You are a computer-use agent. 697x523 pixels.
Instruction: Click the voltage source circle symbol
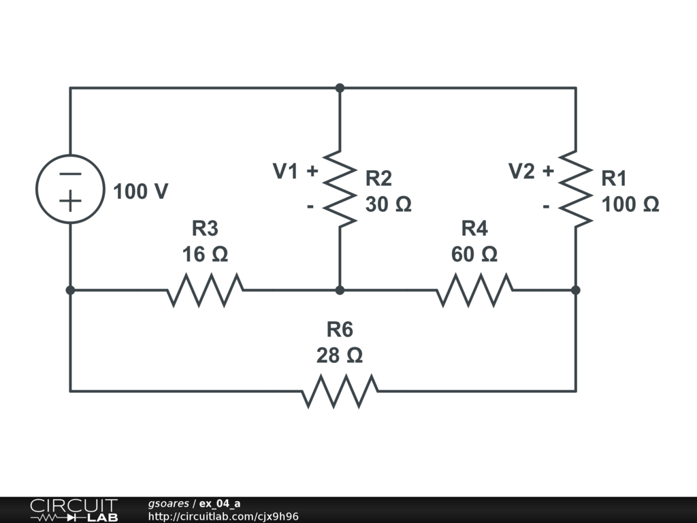(70, 189)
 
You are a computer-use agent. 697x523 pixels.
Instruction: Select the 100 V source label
(140, 192)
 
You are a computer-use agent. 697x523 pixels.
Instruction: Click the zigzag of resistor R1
(576, 189)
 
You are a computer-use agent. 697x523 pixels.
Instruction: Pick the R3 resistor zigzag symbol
(205, 290)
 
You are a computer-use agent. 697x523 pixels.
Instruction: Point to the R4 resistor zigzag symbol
(474, 290)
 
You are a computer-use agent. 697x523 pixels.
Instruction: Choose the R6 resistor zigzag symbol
(340, 391)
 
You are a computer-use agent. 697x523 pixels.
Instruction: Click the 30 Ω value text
(388, 204)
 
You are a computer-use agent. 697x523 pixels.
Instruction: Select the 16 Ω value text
(205, 255)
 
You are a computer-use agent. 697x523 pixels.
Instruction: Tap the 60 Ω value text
(474, 255)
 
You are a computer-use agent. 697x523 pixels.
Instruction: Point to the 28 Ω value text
(339, 355)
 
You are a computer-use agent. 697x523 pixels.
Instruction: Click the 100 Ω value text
(630, 204)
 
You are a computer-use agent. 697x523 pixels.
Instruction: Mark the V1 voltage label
(286, 172)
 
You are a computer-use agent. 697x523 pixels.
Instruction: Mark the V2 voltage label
(522, 172)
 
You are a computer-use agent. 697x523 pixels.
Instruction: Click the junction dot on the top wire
(340, 88)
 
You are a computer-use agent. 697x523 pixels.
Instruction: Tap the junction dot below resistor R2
(340, 290)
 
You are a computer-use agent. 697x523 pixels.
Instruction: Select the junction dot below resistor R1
(576, 290)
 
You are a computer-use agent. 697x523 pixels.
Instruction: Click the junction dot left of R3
(70, 290)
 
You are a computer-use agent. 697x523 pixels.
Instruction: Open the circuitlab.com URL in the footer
(223, 516)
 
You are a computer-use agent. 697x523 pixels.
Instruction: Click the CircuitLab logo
(73, 510)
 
